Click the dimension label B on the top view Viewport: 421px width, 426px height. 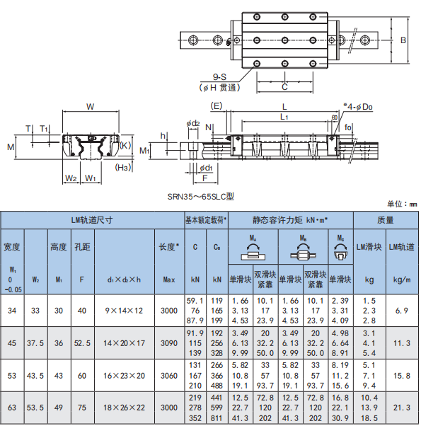click(403, 40)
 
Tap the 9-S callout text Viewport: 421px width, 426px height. click(220, 77)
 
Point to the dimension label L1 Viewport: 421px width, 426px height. click(284, 117)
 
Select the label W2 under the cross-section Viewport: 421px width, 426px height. click(71, 178)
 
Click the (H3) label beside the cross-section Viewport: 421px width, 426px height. click(123, 167)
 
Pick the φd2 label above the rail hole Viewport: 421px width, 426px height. click(193, 124)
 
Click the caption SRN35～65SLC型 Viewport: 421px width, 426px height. click(201, 197)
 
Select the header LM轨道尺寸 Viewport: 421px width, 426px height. click(92, 220)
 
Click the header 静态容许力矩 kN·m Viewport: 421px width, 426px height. click(290, 220)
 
